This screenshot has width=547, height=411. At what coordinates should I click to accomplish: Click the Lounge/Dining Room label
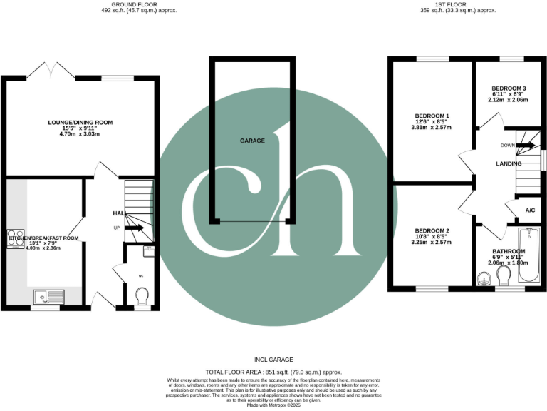click(80, 123)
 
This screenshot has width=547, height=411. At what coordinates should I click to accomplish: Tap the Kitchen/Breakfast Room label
click(43, 238)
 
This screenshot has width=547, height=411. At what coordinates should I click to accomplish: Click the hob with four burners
click(16, 237)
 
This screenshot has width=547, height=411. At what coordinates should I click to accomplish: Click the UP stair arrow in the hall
click(135, 228)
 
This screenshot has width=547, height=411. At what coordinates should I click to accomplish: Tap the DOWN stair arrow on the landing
click(526, 146)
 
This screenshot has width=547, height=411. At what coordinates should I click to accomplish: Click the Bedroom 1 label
click(432, 116)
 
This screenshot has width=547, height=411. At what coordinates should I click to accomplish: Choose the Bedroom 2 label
click(432, 231)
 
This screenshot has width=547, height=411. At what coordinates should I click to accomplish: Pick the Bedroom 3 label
click(509, 89)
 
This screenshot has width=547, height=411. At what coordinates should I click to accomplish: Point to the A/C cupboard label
click(530, 210)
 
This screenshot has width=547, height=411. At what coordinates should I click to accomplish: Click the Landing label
click(509, 163)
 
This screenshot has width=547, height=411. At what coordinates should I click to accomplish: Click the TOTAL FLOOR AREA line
click(273, 372)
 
